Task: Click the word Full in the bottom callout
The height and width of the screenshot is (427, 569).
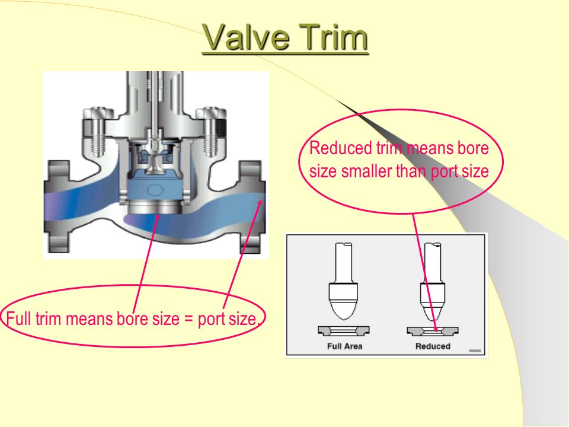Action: point(18,318)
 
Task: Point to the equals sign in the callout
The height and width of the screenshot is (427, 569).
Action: point(188,319)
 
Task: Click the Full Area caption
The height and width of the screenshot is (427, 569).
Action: point(345,346)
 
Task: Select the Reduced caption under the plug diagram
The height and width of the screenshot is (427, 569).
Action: point(433,346)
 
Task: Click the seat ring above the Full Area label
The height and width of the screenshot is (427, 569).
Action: point(344,331)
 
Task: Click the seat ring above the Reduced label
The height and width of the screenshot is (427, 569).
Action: point(433,331)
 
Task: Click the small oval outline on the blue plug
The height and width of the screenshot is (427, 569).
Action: point(154,190)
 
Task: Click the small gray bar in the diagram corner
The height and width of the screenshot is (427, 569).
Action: point(475,350)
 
